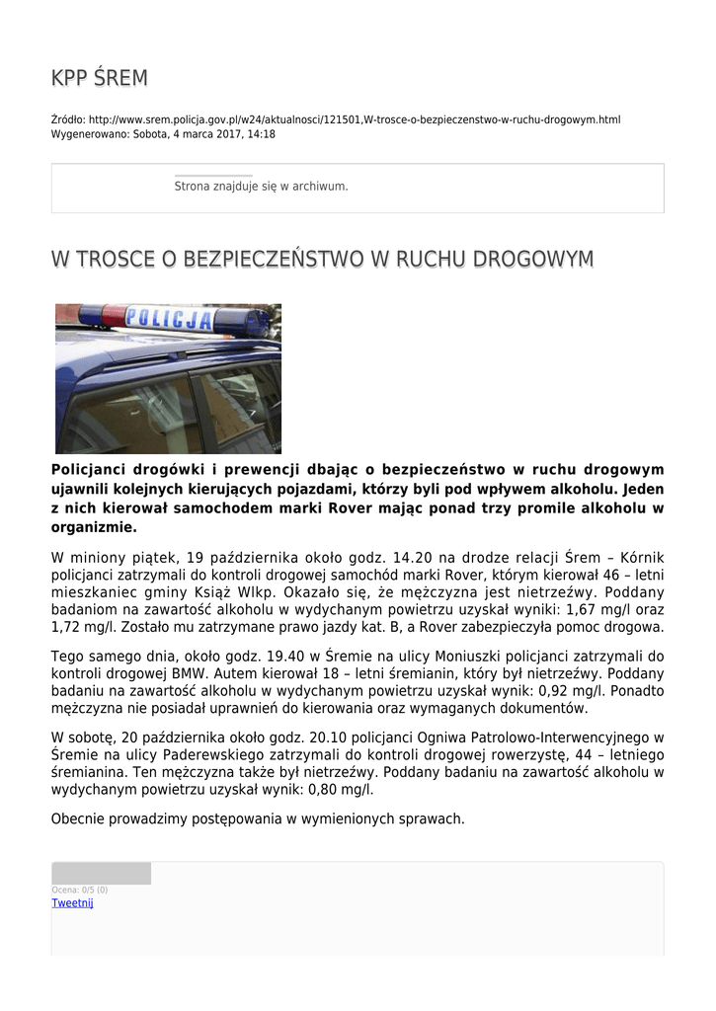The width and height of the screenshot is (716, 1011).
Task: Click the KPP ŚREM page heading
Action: pyautogui.click(x=99, y=78)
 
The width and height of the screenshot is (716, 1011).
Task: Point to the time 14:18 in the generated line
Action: pyautogui.click(x=262, y=134)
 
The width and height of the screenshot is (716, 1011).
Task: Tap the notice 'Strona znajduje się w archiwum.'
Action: pyautogui.click(x=261, y=186)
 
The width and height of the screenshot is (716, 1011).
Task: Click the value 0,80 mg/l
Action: pyautogui.click(x=340, y=790)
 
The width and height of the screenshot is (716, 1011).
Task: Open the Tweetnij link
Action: pyautogui.click(x=72, y=902)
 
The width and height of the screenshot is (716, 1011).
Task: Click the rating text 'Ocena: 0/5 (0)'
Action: pyautogui.click(x=80, y=890)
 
